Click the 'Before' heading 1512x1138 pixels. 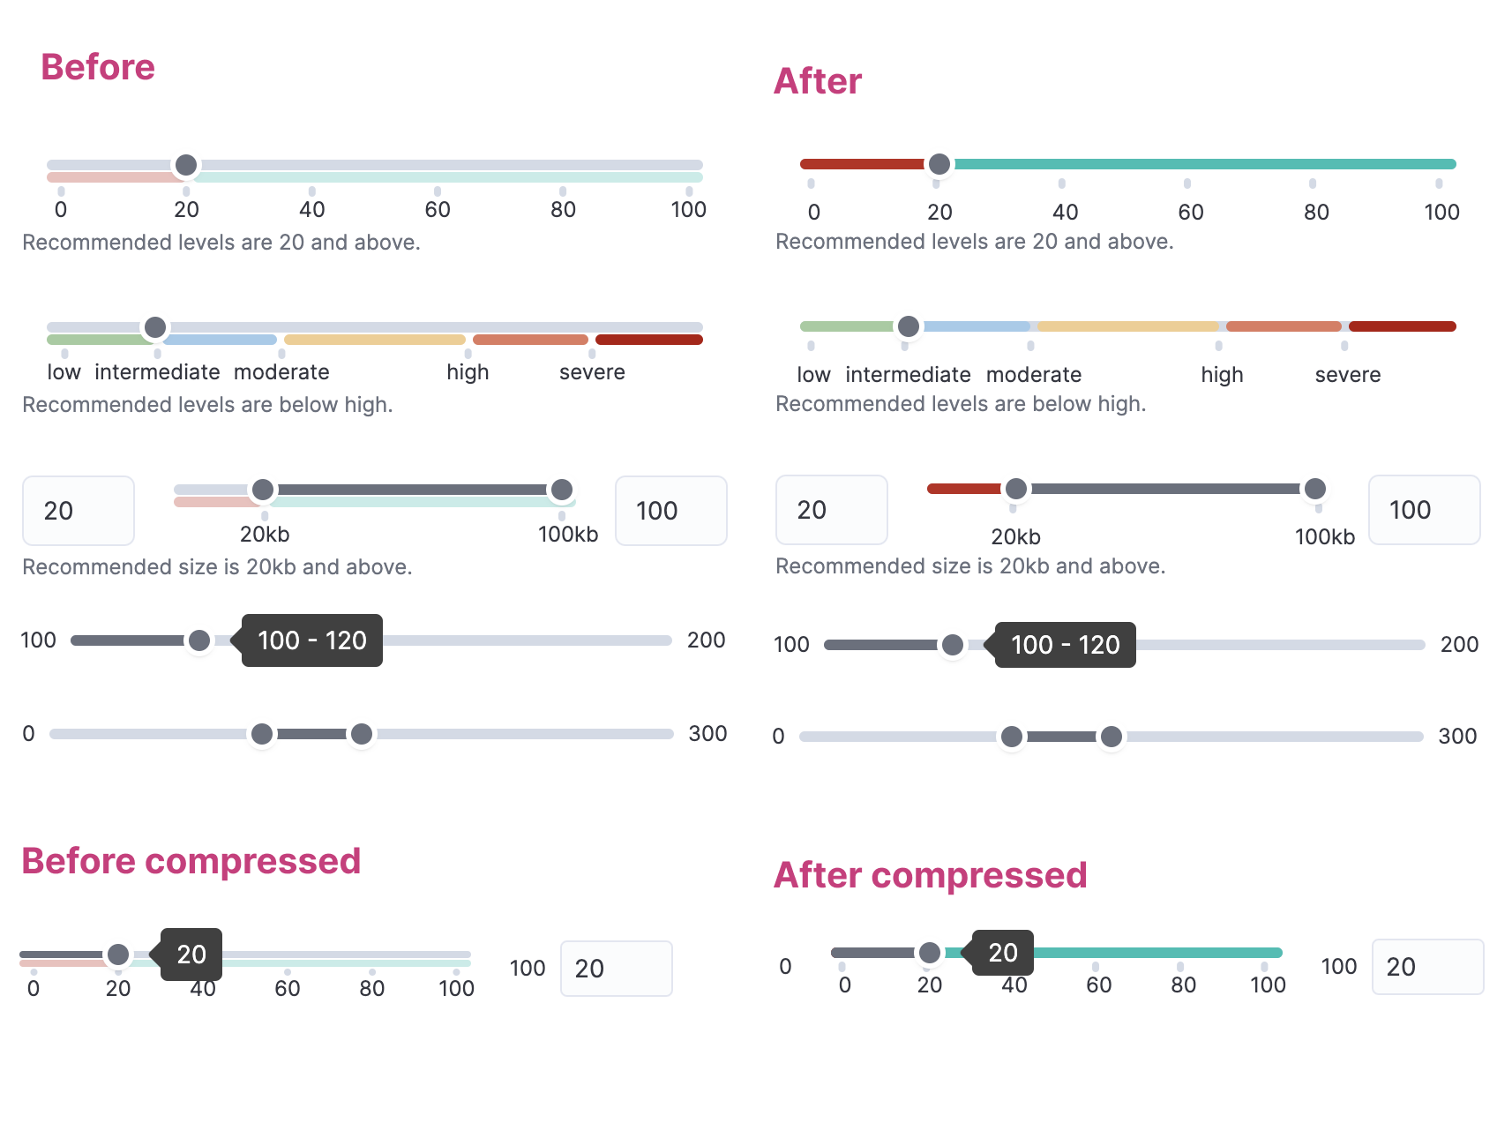[98, 67]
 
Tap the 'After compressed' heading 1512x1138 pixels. [930, 875]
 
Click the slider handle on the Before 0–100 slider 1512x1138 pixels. [186, 165]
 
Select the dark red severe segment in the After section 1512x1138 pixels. [1401, 326]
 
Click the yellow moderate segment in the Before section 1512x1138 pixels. [374, 340]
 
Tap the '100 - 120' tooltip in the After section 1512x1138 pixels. [1065, 645]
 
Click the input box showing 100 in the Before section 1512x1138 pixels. [670, 511]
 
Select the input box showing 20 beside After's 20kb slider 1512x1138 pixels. [831, 510]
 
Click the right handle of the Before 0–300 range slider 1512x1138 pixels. [362, 734]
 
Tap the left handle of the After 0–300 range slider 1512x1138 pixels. [1012, 737]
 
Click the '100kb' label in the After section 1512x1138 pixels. [1324, 537]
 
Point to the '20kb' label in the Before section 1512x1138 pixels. [265, 535]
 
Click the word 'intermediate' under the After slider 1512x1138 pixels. [908, 375]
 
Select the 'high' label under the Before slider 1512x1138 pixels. [468, 372]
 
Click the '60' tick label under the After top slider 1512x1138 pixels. [1190, 212]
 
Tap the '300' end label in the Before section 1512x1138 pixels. [707, 734]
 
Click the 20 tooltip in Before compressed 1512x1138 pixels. [191, 955]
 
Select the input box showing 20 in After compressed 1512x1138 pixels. [1426, 967]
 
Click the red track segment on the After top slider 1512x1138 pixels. [861, 164]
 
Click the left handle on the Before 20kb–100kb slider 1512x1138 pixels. [263, 490]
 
